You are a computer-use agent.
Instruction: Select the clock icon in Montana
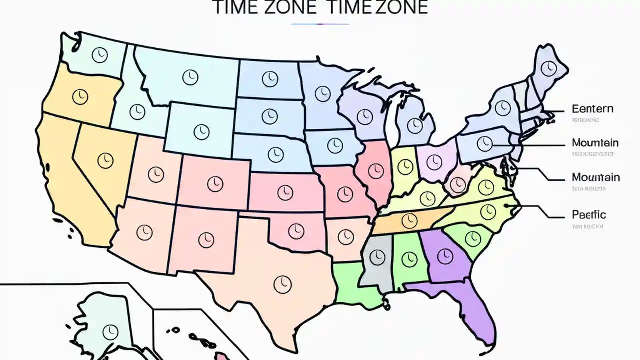pyautogui.click(x=190, y=77)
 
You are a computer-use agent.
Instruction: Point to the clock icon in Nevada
pyautogui.click(x=105, y=160)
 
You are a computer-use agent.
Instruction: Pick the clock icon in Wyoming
pyautogui.click(x=201, y=131)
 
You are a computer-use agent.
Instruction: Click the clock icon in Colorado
pyautogui.click(x=215, y=183)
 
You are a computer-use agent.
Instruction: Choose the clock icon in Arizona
pyautogui.click(x=144, y=231)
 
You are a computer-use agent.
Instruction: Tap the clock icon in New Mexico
pyautogui.click(x=206, y=239)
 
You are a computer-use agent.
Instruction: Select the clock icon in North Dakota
pyautogui.click(x=269, y=78)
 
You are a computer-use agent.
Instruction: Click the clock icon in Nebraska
pyautogui.click(x=275, y=154)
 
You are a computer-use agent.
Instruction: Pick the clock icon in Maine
pyautogui.click(x=550, y=67)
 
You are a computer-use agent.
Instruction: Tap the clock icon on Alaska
pyautogui.click(x=109, y=331)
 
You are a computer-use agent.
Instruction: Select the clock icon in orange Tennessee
pyautogui.click(x=409, y=219)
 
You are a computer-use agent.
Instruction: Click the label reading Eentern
pyautogui.click(x=592, y=109)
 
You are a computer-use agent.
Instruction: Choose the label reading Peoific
pyautogui.click(x=589, y=215)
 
